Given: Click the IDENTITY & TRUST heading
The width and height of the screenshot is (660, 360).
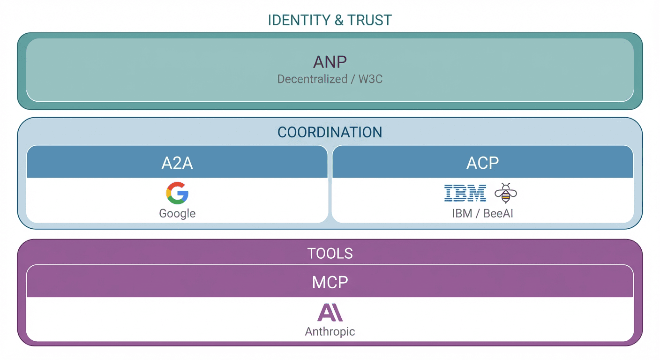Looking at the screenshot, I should tap(330, 20).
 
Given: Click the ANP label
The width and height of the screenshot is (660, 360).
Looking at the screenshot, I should tap(330, 62).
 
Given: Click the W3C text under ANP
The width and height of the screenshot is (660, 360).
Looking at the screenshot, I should tap(370, 79).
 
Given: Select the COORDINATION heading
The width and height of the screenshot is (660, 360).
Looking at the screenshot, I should tap(330, 132).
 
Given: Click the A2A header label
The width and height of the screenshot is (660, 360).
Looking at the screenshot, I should tap(177, 163).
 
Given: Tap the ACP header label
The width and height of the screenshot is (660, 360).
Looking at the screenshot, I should tap(482, 163).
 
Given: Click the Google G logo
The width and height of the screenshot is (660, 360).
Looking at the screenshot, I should tap(177, 193).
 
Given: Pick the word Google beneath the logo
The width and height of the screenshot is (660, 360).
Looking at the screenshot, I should tap(177, 214).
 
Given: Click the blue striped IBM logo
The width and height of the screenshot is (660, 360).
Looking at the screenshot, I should tap(465, 193).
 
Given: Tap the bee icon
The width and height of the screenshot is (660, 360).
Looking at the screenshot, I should tap(505, 193).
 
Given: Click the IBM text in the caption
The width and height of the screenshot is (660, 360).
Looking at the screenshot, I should tap(462, 214).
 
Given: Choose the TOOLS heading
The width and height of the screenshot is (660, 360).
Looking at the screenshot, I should tap(330, 254).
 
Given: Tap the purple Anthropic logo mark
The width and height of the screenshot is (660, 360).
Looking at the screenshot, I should tap(330, 312).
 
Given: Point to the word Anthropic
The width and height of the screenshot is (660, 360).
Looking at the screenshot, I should tap(330, 332).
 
